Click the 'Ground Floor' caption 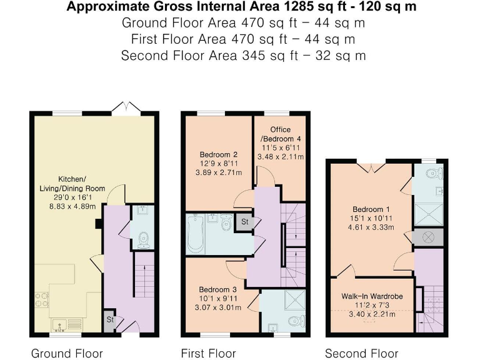click(x=67, y=353)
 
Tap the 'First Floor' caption click(x=208, y=353)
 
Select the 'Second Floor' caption click(x=361, y=353)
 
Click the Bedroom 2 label click(x=219, y=154)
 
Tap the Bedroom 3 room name click(x=218, y=289)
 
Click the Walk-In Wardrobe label click(x=368, y=296)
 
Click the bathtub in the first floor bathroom click(x=196, y=234)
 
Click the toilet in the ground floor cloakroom click(x=144, y=238)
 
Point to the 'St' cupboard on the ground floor click(x=109, y=319)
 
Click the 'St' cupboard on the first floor click(x=244, y=221)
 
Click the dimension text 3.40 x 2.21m click(x=368, y=314)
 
